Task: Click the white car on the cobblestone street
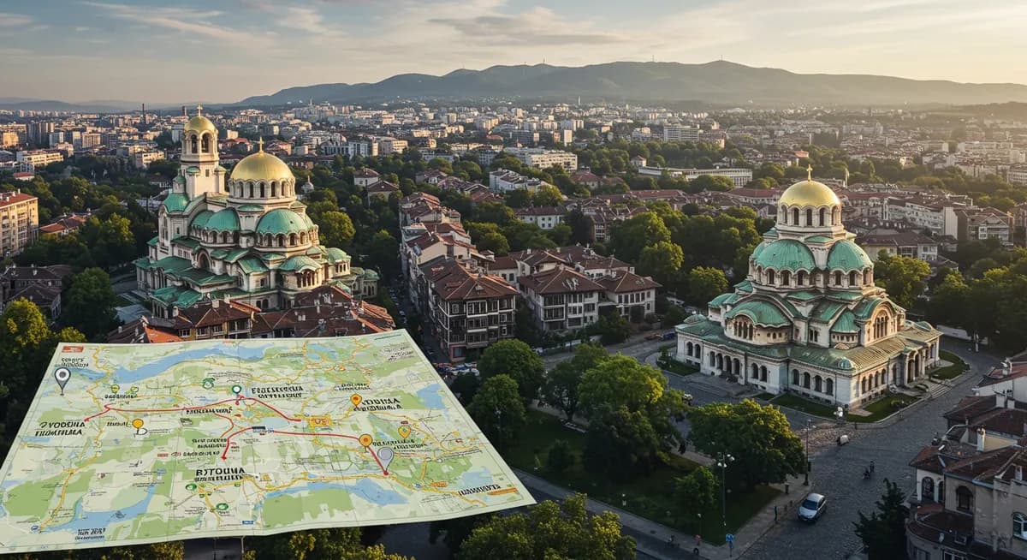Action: coord(812,507)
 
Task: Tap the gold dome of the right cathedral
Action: coord(809,194)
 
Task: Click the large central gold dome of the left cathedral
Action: coord(262,166)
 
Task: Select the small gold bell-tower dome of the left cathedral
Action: coord(200,125)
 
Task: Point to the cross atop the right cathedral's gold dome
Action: coord(809,172)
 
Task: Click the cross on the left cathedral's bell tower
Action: coord(199,110)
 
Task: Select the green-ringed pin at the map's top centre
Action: coord(237,391)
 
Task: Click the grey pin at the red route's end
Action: coord(385,457)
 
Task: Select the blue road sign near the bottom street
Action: coord(729,539)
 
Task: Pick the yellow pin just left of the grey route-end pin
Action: coord(365,440)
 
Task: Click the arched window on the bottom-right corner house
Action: coord(964,497)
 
